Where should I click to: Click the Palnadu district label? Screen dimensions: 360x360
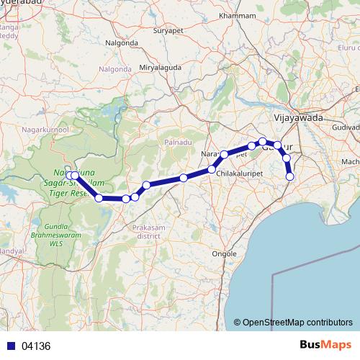pyautogui.click(x=177, y=141)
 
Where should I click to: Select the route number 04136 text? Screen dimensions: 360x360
pyautogui.click(x=36, y=346)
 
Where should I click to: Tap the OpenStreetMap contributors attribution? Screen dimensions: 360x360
pyautogui.click(x=297, y=323)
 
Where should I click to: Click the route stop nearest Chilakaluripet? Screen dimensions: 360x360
pyautogui.click(x=212, y=169)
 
